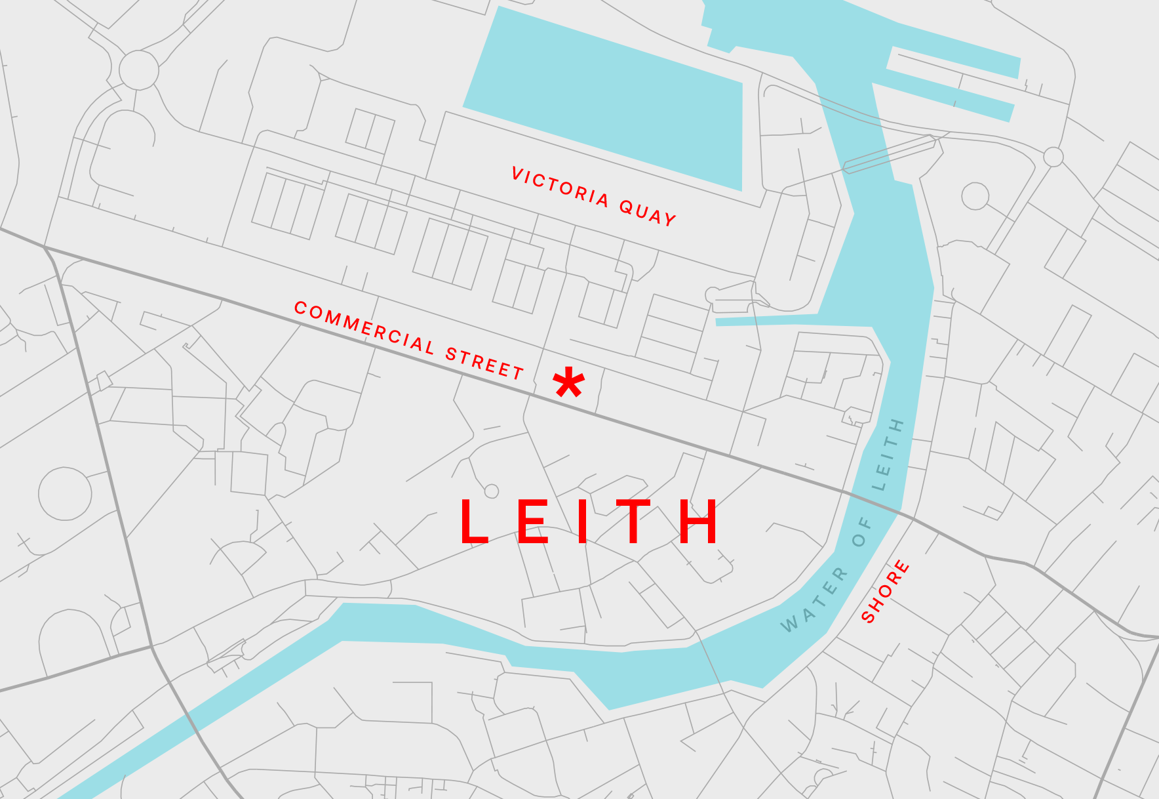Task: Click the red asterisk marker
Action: tap(568, 383)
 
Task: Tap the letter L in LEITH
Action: tap(474, 522)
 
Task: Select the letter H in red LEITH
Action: tap(699, 522)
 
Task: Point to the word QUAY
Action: tap(648, 214)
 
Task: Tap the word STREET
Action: tap(484, 362)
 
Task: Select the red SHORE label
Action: tap(885, 591)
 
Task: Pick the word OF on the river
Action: tap(862, 532)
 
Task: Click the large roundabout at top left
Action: tap(139, 70)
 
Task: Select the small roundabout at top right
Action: tap(1053, 157)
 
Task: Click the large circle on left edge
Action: tap(65, 494)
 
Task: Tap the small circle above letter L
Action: tap(492, 491)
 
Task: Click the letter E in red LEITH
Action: tap(533, 522)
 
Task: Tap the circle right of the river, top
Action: tap(975, 196)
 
